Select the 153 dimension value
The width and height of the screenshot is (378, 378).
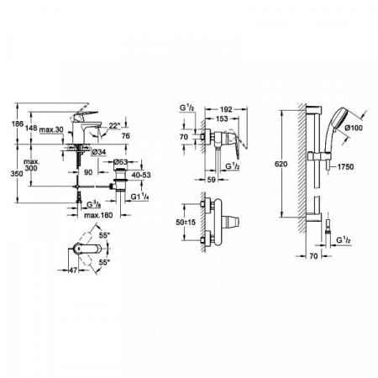(x=219, y=119)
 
